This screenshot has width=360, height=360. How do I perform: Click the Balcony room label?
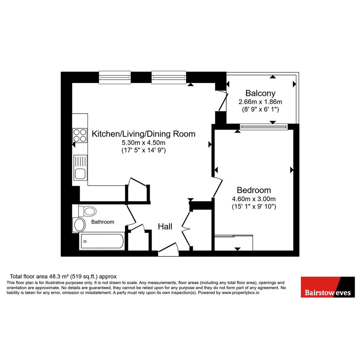(x=260, y=93)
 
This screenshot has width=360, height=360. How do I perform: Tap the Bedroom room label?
(x=254, y=190)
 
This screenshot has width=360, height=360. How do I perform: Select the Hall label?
(x=165, y=227)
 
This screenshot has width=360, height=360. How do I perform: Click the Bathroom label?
(x=102, y=222)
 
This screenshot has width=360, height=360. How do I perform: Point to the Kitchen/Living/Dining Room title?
(x=144, y=134)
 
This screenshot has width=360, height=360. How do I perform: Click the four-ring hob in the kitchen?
(x=80, y=136)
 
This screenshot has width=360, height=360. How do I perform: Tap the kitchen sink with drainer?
(x=80, y=168)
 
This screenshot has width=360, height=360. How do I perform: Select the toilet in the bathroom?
(x=87, y=211)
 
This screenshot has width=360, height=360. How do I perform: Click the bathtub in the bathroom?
(x=102, y=241)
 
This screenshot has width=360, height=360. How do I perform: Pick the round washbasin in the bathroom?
(x=79, y=225)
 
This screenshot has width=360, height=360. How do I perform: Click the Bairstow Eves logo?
(x=328, y=287)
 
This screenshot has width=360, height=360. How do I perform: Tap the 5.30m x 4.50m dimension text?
(x=144, y=142)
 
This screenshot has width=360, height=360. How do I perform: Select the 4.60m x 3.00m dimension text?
(x=254, y=199)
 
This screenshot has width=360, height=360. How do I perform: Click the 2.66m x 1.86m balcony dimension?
(x=260, y=102)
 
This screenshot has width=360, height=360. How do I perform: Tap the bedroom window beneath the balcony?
(x=264, y=126)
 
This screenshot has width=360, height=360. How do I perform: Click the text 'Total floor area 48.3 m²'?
(x=39, y=277)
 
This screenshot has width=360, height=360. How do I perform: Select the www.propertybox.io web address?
(x=240, y=293)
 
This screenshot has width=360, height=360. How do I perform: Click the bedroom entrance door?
(x=218, y=187)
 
